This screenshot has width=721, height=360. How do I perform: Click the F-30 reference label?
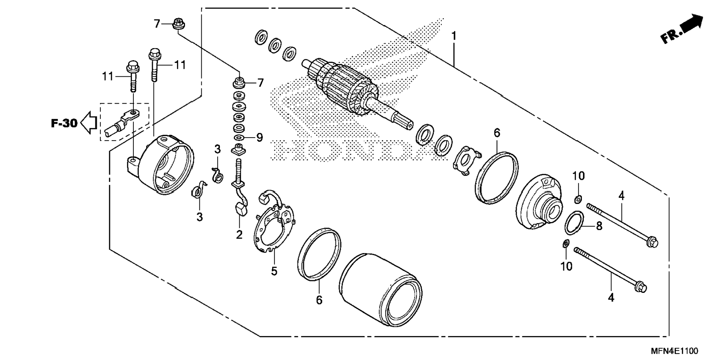64,123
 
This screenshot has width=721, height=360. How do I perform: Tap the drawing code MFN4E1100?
674,351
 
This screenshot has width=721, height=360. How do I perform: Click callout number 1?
454,36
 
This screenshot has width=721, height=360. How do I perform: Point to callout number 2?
239,234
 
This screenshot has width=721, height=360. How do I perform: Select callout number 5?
274,271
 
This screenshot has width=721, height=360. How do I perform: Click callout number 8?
599,226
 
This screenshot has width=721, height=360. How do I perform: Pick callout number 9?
259,138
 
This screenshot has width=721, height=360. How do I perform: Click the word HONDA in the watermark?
354,151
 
